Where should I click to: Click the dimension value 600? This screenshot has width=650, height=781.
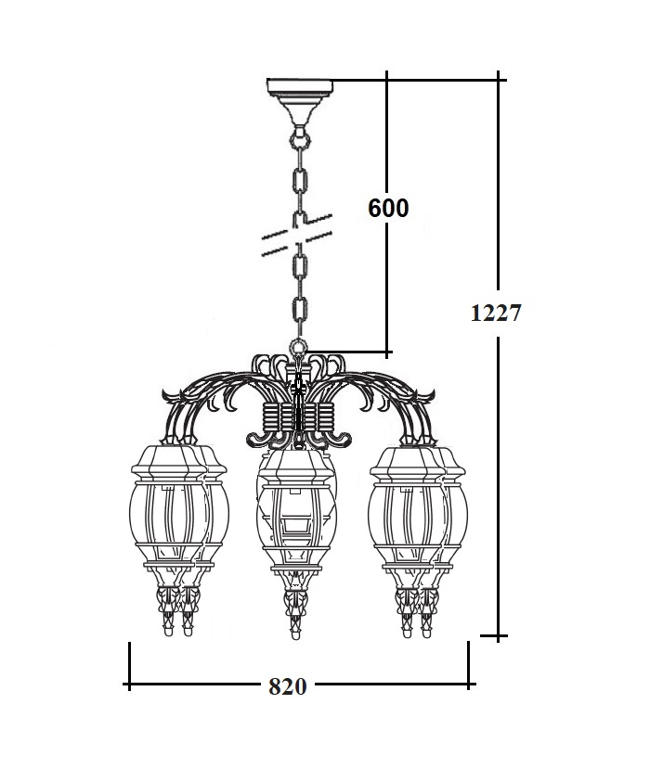tap(388, 208)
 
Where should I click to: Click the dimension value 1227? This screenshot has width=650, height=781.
tap(496, 313)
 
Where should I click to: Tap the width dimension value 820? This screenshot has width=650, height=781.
tap(288, 687)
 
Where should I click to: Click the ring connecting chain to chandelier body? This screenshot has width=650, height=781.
tap(298, 346)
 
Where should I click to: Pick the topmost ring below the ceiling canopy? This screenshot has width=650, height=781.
tap(300, 139)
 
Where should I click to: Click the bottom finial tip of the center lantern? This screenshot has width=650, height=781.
tap(296, 636)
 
